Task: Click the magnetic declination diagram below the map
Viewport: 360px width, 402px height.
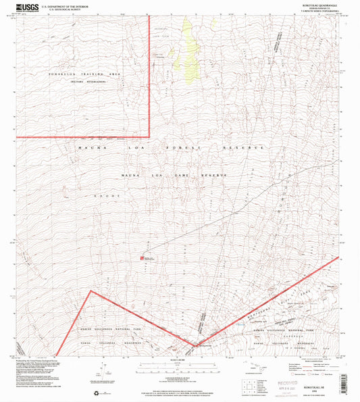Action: point(101,369)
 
